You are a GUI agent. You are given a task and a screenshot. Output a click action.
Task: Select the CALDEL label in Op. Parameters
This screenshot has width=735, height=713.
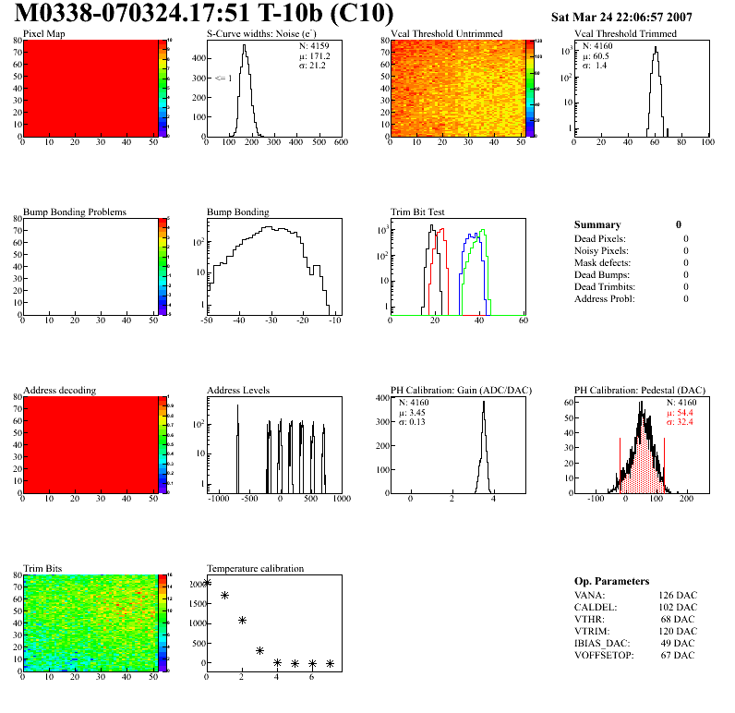[595, 607]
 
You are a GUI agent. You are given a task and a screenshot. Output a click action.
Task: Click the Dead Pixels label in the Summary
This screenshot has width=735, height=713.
[601, 238]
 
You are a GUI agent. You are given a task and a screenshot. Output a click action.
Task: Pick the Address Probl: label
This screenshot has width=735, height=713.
[605, 298]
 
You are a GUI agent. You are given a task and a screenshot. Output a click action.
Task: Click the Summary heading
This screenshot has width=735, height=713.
[597, 224]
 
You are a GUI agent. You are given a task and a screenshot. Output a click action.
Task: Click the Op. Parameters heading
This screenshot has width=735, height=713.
[611, 581]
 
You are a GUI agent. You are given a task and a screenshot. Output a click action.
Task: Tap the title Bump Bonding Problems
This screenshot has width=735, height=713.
[75, 212]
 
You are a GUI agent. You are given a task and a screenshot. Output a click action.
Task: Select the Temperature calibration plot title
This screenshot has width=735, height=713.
[255, 568]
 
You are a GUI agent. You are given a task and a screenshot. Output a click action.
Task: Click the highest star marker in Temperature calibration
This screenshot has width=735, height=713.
[207, 582]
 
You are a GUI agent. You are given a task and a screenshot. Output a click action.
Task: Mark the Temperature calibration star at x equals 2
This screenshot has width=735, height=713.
[243, 620]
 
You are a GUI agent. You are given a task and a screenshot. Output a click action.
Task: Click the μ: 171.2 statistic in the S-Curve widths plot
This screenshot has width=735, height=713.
[314, 55]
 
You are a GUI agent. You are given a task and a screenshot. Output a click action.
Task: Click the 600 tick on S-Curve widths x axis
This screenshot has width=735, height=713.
[341, 142]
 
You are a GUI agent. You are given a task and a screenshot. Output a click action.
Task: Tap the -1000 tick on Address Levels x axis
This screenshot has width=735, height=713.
[219, 499]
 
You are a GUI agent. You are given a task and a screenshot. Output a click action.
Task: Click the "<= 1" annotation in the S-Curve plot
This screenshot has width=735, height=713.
[223, 78]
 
